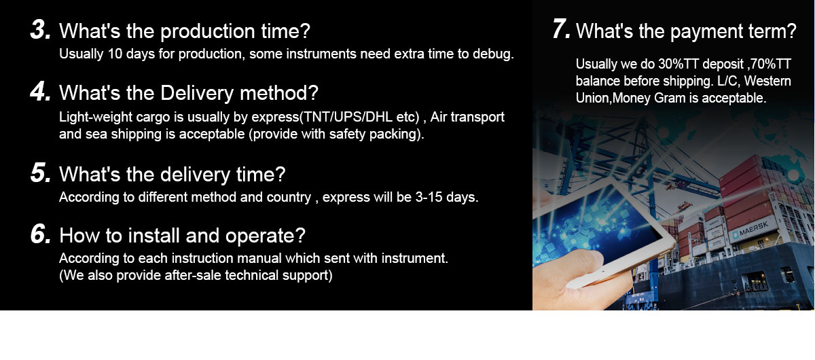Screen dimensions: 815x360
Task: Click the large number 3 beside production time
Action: point(40,29)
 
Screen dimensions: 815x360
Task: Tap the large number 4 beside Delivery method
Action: point(40,92)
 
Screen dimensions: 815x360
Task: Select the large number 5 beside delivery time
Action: point(40,173)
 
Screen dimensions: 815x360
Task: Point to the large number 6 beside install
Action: point(40,234)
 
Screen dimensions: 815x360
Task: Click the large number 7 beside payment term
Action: point(561,29)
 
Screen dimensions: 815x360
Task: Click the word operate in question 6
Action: point(266,236)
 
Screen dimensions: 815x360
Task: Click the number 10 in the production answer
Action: point(115,54)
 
